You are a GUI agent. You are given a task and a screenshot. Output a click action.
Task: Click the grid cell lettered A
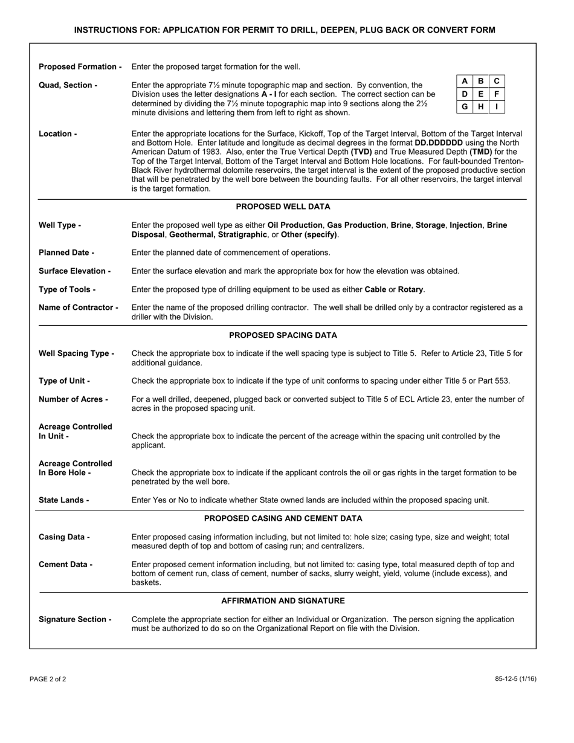coord(464,81)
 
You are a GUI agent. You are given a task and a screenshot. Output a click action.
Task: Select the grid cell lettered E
coord(480,94)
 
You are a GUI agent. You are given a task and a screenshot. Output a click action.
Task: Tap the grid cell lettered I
coord(497,107)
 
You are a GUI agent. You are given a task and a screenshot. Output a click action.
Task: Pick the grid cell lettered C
coord(497,81)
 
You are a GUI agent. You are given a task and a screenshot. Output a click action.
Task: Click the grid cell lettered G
coord(464,107)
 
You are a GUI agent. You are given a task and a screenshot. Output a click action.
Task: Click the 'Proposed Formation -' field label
coord(80,66)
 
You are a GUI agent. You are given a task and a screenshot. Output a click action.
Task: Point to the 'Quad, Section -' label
coord(68,85)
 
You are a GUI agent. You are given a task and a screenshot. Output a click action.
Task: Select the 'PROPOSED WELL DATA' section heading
coord(283,207)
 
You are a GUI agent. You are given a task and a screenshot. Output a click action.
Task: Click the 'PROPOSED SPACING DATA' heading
coord(283,335)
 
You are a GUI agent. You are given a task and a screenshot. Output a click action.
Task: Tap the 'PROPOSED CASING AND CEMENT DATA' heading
coord(283,518)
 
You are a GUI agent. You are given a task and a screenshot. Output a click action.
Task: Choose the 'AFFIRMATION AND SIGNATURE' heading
coord(283,600)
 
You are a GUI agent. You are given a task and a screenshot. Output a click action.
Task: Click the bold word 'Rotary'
coord(411,289)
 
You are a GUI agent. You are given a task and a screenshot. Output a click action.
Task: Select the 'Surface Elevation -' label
coord(74,271)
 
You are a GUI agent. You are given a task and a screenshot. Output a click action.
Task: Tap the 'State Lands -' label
coord(63,500)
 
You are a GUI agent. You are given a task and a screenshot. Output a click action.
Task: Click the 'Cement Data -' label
coord(65,564)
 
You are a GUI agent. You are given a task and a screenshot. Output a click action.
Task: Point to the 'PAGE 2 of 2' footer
coord(48,679)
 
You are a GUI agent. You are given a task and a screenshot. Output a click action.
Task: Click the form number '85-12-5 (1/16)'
coord(515,679)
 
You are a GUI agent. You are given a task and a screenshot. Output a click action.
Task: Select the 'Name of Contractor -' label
coord(78,307)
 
